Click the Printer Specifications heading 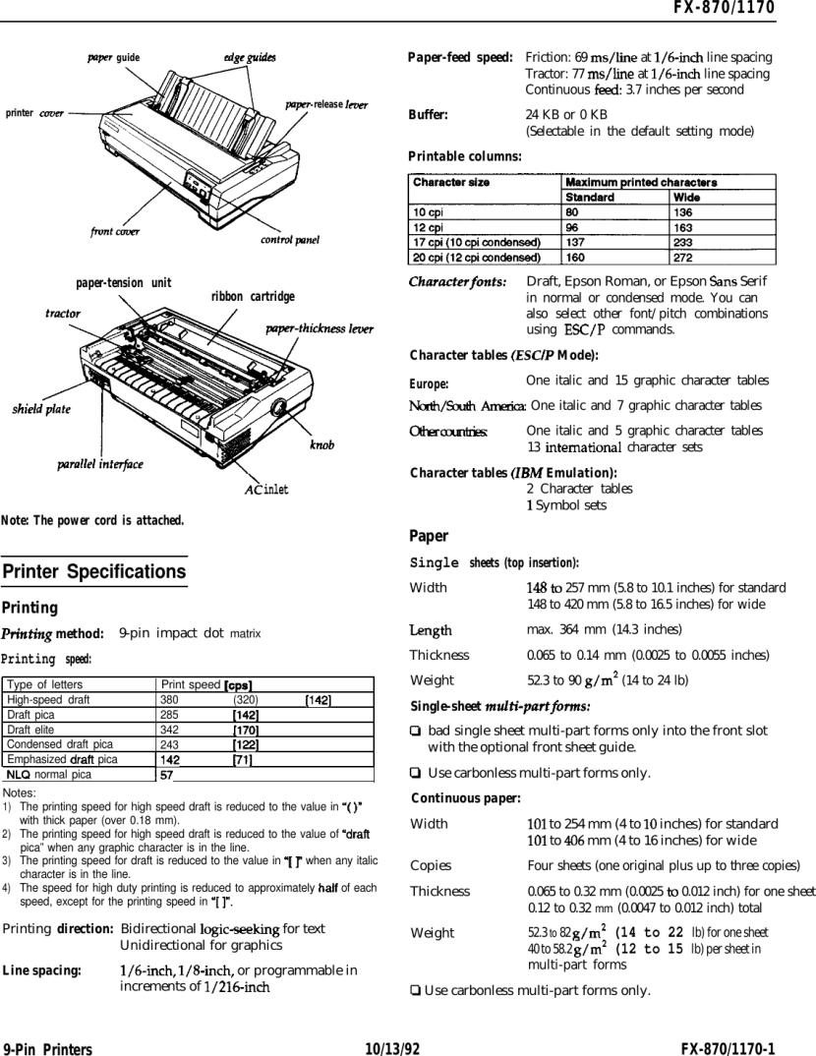[x=94, y=572]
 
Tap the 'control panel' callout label [x=291, y=239]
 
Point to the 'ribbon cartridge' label [x=253, y=296]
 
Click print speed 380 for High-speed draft [x=169, y=700]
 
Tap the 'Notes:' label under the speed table [x=21, y=792]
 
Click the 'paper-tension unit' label [x=124, y=283]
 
